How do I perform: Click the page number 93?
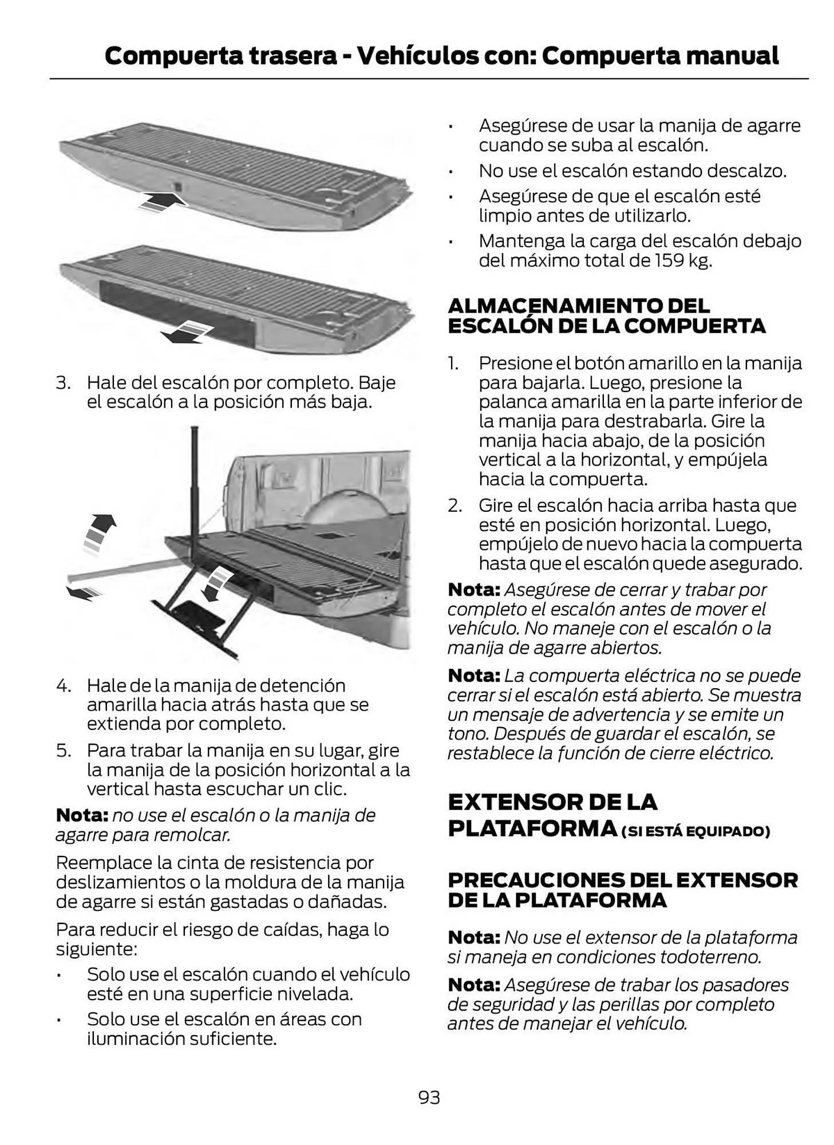click(429, 1097)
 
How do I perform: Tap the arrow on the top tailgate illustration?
click(163, 202)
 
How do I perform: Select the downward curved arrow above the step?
click(218, 583)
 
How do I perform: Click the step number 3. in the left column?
click(63, 382)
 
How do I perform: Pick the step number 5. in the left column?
click(63, 750)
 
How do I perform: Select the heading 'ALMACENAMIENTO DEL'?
click(578, 306)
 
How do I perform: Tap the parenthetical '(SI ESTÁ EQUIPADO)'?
click(695, 831)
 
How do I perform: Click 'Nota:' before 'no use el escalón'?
click(82, 815)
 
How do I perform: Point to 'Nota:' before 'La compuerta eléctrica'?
click(474, 676)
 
